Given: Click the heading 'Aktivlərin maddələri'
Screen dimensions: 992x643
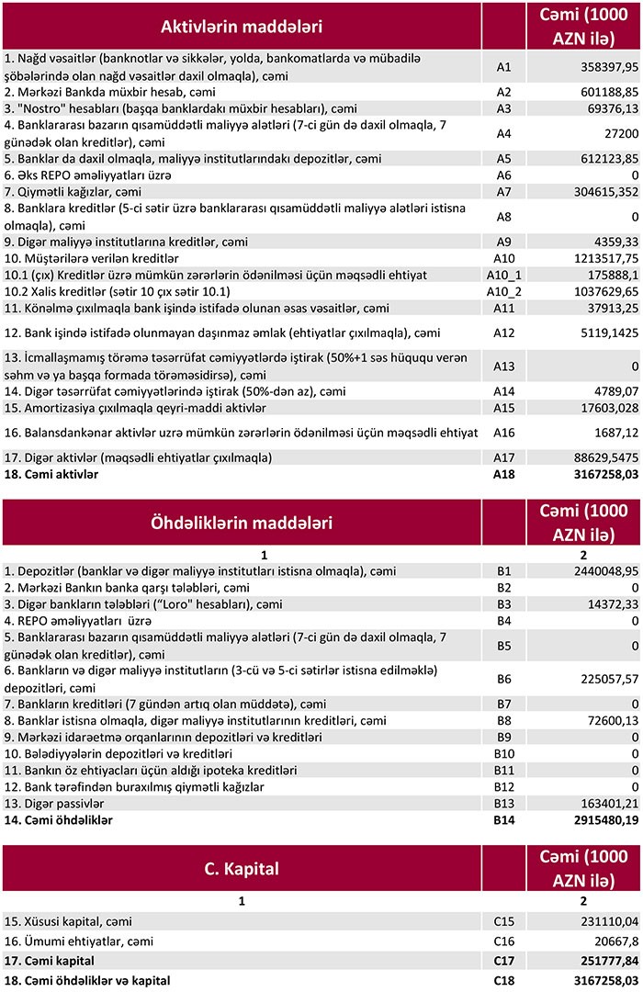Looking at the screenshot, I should (x=242, y=28).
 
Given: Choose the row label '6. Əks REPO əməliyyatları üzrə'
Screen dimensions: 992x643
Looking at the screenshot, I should (x=88, y=175).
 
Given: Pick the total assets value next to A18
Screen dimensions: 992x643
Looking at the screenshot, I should (x=597, y=475).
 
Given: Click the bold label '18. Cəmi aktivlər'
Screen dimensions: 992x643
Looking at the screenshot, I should (x=51, y=475).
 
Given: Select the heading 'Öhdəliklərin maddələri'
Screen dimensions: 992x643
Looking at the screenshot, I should (x=242, y=523).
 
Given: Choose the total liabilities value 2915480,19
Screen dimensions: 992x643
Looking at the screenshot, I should (x=597, y=819).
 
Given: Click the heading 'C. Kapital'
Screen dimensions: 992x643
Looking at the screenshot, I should (x=242, y=868).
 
